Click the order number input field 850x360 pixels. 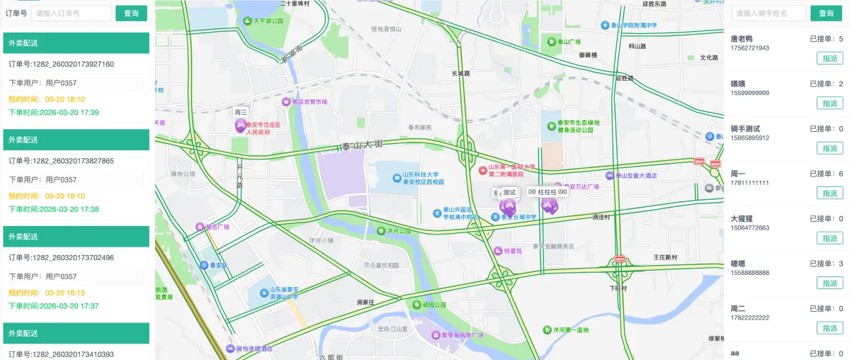(x=71, y=13)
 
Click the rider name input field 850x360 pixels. (x=769, y=13)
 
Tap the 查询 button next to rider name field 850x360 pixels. (x=826, y=13)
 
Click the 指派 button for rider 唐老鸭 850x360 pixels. (x=829, y=58)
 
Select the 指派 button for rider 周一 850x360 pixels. (x=829, y=193)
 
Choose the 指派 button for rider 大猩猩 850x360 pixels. (x=829, y=238)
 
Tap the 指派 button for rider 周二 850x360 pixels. (x=829, y=327)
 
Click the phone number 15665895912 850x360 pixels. (x=750, y=138)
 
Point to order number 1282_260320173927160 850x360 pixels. (x=61, y=64)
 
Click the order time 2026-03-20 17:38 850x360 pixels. (x=54, y=209)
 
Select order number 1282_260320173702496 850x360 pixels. (x=61, y=258)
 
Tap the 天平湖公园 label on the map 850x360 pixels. (x=263, y=21)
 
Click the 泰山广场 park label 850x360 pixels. (x=565, y=42)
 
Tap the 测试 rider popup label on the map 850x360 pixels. (x=509, y=193)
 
